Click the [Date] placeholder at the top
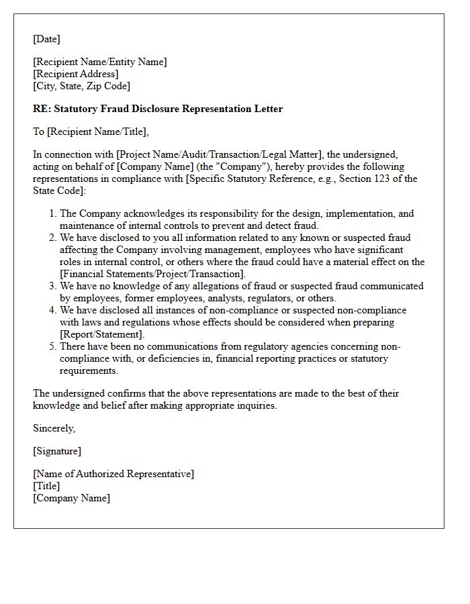coord(46,39)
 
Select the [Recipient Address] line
coord(76,74)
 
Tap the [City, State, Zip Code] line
coord(82,86)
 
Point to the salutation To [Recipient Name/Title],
coord(91,132)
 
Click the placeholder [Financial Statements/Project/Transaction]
coord(152,274)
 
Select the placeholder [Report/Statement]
coord(102,334)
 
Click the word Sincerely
coord(54,428)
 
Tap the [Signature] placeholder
coord(57,451)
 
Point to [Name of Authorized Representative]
coord(113,474)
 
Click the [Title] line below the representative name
coord(46,486)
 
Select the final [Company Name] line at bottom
coord(71,498)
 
